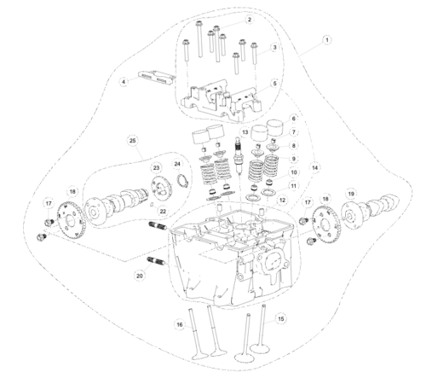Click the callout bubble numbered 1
tap(326, 39)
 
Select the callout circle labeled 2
tap(249, 19)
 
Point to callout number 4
tap(124, 82)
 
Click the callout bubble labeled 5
tap(274, 83)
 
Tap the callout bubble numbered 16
tap(179, 325)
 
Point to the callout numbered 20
tap(140, 276)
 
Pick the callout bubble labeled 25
tap(132, 139)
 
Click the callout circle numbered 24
tap(177, 163)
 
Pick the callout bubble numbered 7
tap(294, 132)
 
